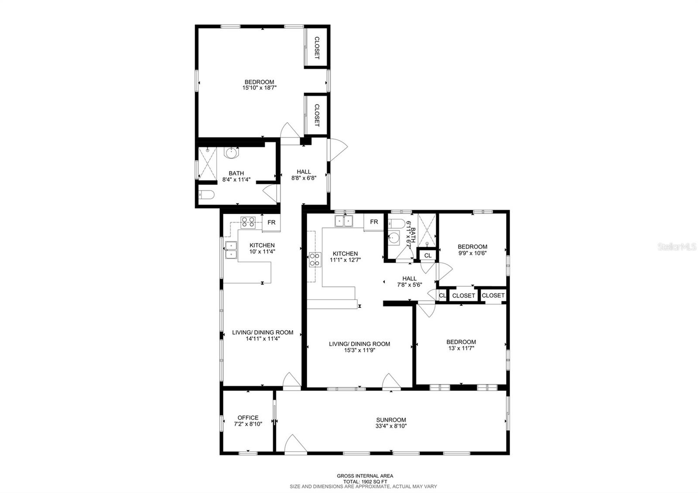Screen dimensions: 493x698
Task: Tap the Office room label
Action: (x=248, y=418)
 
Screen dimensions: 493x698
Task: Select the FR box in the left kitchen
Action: (x=271, y=223)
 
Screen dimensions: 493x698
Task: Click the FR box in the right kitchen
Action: (x=374, y=222)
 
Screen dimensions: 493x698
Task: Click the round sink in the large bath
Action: (x=232, y=153)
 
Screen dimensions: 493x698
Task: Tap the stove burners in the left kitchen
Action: (x=248, y=223)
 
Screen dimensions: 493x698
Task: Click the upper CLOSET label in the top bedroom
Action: (x=317, y=48)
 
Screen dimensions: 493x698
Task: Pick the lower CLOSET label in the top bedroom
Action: (x=317, y=115)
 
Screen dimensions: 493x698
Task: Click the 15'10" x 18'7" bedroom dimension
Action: (x=260, y=88)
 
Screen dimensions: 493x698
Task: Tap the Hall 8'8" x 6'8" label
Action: (x=304, y=175)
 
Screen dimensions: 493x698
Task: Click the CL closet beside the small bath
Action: (x=428, y=255)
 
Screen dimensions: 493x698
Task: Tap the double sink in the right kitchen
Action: (x=345, y=221)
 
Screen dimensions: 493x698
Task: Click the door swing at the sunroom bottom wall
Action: (x=294, y=444)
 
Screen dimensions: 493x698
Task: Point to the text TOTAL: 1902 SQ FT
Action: (x=365, y=481)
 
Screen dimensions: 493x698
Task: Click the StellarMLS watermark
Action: (x=677, y=247)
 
